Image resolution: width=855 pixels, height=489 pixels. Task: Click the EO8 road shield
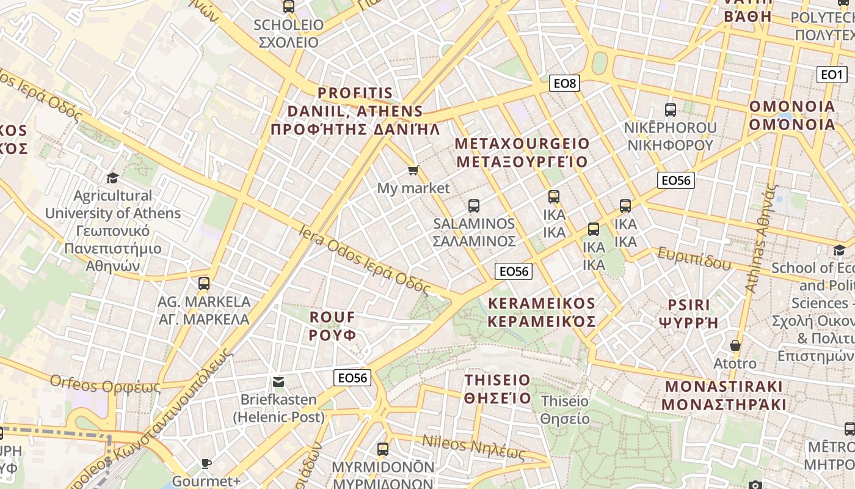click(x=564, y=83)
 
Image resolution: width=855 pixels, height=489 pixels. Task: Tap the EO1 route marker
click(x=831, y=75)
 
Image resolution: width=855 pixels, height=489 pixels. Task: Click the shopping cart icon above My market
click(x=413, y=170)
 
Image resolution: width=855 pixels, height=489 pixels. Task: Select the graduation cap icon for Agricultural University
click(x=112, y=178)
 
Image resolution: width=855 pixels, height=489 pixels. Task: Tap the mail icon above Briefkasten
click(x=278, y=382)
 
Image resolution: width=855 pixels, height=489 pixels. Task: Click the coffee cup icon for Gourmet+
click(x=206, y=463)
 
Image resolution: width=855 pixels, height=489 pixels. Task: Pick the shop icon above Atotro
click(x=735, y=345)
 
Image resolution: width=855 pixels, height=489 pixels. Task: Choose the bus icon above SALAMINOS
click(x=474, y=206)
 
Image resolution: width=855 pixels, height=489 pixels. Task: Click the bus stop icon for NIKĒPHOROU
click(x=671, y=110)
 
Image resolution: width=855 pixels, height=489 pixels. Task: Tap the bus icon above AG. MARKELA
click(x=204, y=284)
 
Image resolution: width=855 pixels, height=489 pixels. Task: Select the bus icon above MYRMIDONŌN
click(x=383, y=449)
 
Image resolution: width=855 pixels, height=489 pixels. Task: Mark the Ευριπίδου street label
click(x=694, y=259)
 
